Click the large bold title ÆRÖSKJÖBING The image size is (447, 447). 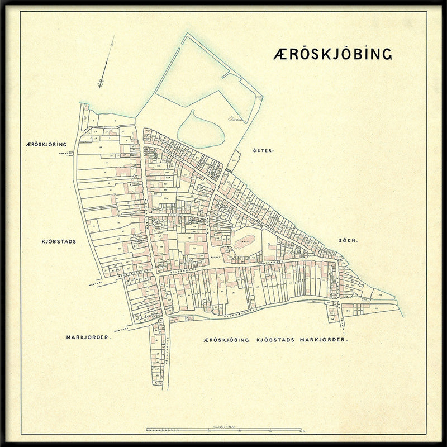(333, 54)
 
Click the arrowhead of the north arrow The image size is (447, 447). (113, 37)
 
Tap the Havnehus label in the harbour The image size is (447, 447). (234, 119)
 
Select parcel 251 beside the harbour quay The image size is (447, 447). (234, 161)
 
